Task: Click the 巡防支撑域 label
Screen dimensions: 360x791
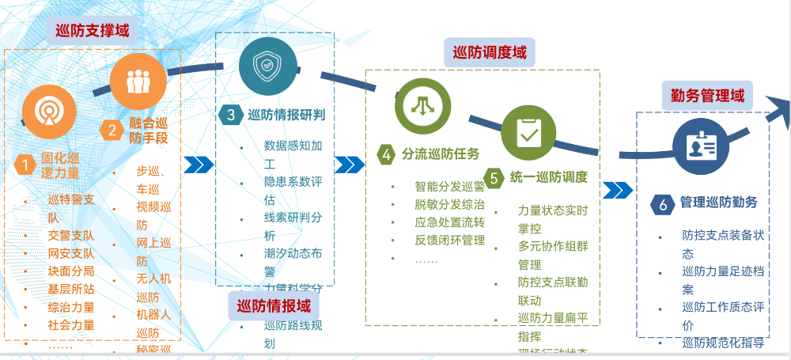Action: tap(92, 32)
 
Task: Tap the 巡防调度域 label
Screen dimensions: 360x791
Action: tap(489, 53)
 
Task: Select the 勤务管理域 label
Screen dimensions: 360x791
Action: tap(707, 96)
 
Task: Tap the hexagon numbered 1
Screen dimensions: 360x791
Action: tap(25, 165)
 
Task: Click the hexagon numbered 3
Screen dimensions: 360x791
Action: tap(231, 115)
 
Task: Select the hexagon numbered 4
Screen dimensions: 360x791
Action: tap(387, 154)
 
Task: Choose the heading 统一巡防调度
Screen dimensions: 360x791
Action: tap(548, 177)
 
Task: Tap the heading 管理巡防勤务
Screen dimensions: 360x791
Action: tap(720, 203)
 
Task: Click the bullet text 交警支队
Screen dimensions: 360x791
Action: tap(71, 235)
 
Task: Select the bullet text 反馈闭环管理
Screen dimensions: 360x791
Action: tap(449, 240)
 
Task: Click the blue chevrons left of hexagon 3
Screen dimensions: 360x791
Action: tap(199, 165)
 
